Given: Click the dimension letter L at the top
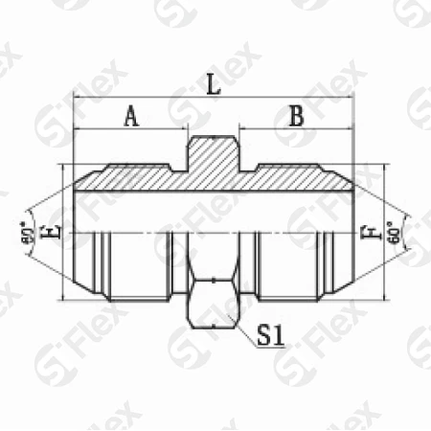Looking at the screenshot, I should (215, 85).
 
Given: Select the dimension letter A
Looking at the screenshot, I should (131, 117).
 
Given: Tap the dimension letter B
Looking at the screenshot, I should (296, 117).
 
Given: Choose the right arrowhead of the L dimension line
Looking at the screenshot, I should (351, 98).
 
